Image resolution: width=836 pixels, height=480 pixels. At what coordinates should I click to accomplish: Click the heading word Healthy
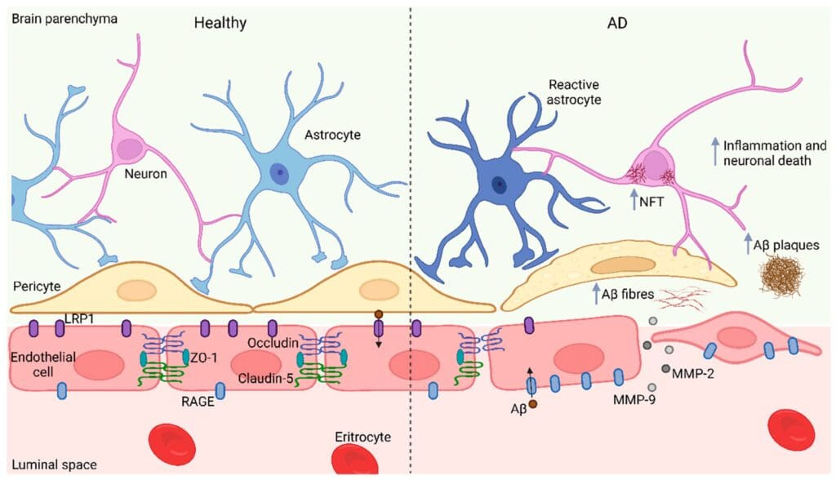[220, 22]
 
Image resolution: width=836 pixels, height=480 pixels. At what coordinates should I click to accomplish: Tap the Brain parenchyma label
[53, 17]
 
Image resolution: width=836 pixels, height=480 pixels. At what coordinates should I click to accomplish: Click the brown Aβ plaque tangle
[782, 276]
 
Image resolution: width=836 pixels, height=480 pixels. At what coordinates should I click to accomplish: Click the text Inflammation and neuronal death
[765, 153]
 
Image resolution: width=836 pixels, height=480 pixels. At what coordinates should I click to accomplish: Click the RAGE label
[199, 401]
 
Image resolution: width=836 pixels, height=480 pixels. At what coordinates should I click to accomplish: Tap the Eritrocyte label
[362, 437]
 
